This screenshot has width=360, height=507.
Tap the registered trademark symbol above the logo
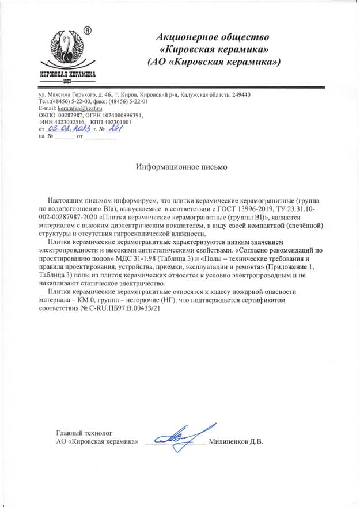click(x=88, y=30)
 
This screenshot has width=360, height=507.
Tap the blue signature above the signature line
click(x=183, y=436)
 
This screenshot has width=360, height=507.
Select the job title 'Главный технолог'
click(x=84, y=432)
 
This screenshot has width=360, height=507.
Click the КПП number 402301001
click(x=118, y=122)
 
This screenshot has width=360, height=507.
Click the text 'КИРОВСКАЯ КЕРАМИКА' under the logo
click(x=67, y=75)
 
